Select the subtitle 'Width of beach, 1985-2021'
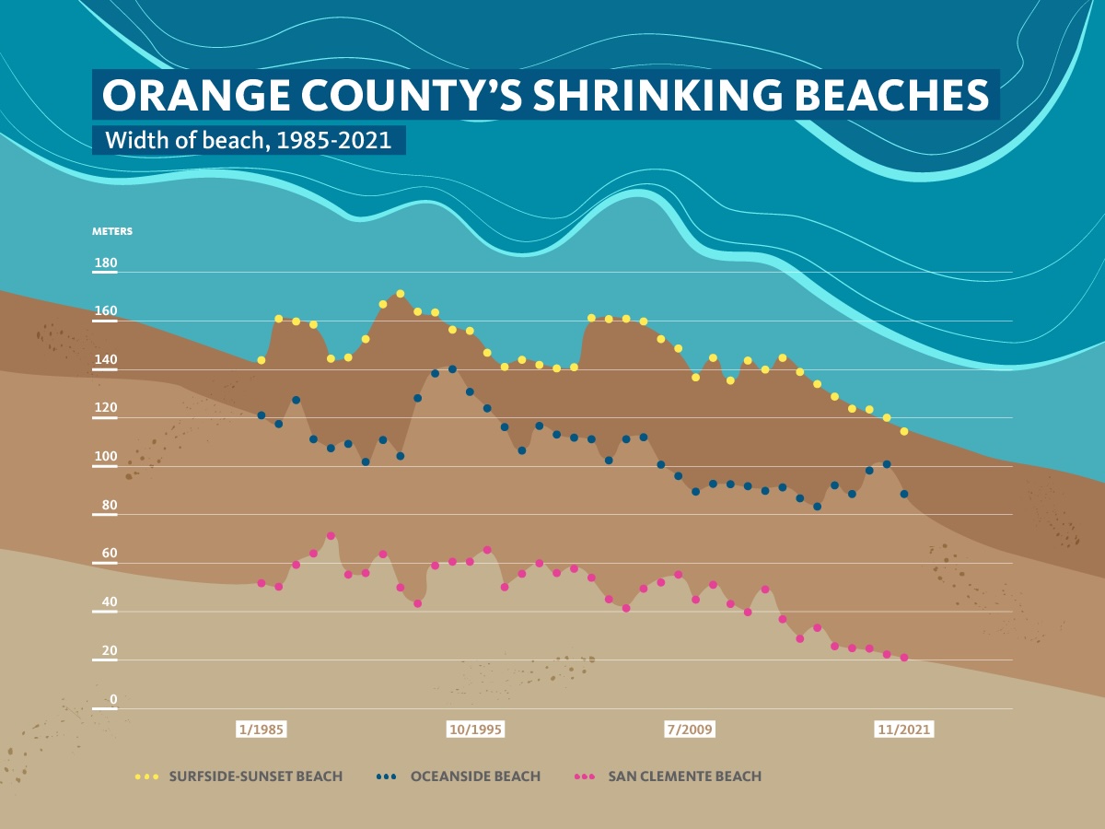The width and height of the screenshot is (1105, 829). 248,141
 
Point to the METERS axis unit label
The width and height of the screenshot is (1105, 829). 112,231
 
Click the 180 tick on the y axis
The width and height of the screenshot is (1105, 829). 106,263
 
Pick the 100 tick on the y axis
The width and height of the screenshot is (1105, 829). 106,457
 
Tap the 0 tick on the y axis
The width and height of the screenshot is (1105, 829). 113,699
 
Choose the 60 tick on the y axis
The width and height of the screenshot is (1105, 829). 109,554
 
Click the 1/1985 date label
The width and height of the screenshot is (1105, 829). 262,730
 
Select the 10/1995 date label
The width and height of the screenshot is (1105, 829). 475,730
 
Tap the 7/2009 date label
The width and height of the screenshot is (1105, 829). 690,730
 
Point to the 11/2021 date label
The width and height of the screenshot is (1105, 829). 903,730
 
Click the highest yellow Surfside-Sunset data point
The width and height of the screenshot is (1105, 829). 400,294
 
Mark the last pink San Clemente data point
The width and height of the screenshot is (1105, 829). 904,658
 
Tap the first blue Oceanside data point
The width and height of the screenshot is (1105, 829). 261,415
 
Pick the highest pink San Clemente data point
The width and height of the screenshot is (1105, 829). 331,536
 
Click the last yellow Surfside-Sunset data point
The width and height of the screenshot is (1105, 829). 904,431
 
